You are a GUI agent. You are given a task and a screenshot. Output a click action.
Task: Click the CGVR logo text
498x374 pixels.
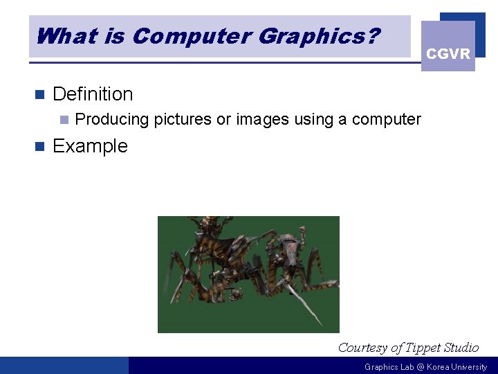[x=448, y=54]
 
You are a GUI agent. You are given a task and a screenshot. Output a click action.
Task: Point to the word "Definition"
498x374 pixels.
[x=93, y=94]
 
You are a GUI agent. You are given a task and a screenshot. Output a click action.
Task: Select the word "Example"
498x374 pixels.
[x=90, y=146]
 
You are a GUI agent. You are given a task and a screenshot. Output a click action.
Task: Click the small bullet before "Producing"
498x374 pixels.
[x=64, y=120]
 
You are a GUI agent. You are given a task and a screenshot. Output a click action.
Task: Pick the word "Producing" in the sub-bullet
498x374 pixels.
[x=111, y=120]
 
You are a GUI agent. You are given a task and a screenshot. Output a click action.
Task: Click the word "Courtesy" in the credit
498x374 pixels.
[x=362, y=348]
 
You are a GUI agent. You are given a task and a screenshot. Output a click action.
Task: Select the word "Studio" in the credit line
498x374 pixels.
[x=461, y=348]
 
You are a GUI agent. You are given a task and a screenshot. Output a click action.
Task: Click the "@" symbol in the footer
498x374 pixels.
[x=420, y=367]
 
